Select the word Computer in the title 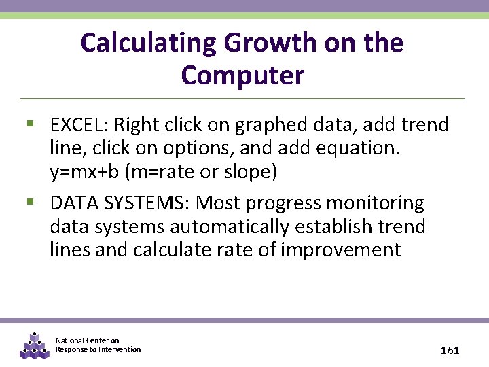(243, 75)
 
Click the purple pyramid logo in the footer (35, 345)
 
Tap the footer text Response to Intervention (98, 349)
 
